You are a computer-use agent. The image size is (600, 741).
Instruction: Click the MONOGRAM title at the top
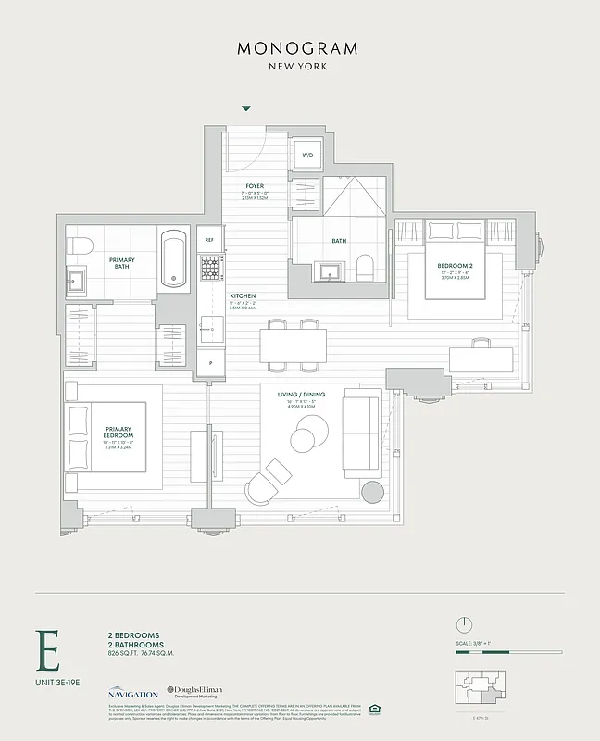point(299,48)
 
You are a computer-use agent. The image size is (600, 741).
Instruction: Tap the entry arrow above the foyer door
point(245,108)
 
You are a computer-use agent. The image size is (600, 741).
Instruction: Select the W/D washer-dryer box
point(307,156)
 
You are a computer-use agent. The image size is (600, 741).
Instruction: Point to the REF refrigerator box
point(209,240)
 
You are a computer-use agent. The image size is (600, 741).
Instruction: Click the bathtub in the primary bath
point(174,259)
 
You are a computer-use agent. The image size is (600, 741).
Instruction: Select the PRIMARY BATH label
point(122,263)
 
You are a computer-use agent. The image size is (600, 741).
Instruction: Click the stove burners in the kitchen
point(210,270)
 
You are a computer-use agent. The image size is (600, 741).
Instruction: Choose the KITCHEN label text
point(243,296)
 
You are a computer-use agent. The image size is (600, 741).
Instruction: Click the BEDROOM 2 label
point(456,266)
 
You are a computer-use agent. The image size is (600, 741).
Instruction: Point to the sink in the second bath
point(330,270)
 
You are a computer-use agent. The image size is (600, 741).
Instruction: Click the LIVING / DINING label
point(302,394)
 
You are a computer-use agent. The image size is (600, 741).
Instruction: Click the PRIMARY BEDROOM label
point(119,433)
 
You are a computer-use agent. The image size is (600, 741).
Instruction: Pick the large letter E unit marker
point(47,652)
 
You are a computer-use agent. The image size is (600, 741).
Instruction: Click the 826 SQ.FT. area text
point(128,653)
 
